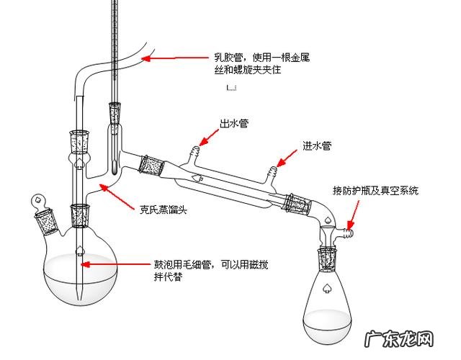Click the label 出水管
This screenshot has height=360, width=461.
tap(234, 123)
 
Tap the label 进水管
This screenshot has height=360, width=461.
tap(316, 145)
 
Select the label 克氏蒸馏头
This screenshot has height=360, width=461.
tap(163, 211)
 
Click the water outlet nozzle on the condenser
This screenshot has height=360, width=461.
tap(194, 153)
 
